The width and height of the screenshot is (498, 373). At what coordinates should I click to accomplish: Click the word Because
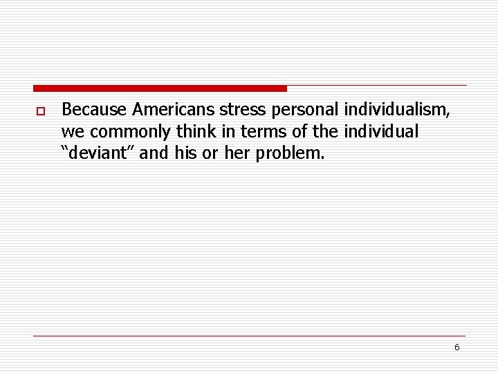pos(95,110)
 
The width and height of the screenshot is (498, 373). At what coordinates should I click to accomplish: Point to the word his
pos(186,153)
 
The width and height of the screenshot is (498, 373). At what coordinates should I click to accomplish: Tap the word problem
pos(290,153)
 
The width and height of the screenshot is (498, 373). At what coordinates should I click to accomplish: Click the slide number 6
pos(456,347)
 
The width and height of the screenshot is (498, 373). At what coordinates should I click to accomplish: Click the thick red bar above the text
pos(159,88)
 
